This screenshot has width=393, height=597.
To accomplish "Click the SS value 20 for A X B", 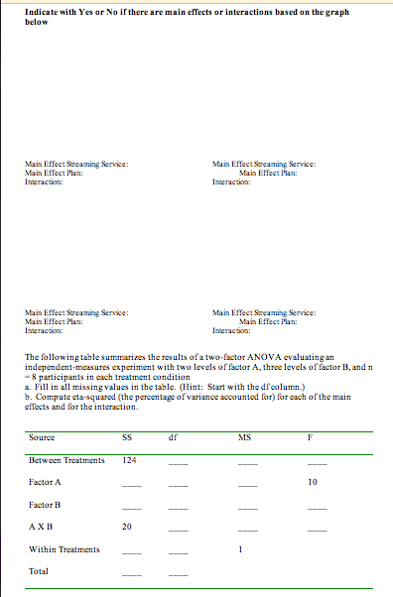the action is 126,528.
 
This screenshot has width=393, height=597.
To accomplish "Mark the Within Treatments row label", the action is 64,548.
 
